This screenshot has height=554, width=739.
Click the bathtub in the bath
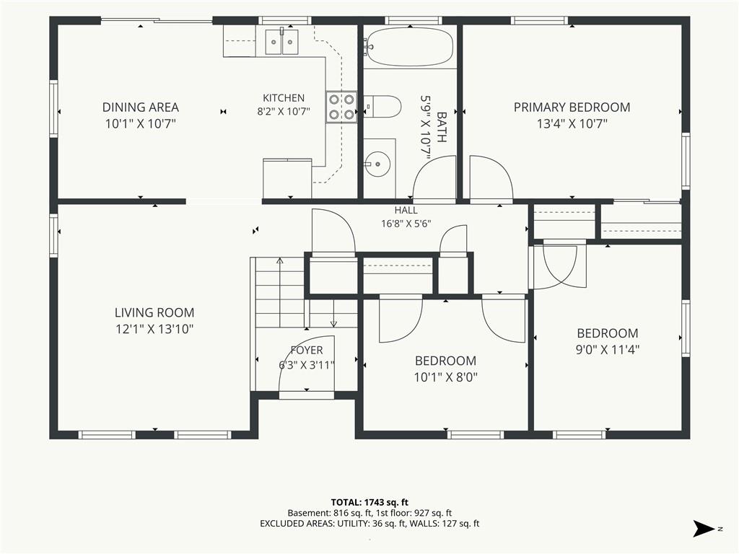[409, 47]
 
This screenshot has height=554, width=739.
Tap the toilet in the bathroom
[382, 106]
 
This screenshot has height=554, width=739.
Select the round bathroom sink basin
[378, 164]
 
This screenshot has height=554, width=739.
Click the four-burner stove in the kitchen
[341, 107]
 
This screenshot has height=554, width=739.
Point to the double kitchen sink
[282, 42]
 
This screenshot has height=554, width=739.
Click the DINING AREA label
[141, 107]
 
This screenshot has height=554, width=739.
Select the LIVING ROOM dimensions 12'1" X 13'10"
[154, 329]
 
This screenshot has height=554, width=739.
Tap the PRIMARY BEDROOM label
[572, 107]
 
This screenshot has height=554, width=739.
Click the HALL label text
[406, 211]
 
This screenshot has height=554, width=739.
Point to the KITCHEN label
[284, 98]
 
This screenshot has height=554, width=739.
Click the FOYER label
[307, 350]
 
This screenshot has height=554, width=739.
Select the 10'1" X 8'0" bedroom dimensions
[445, 377]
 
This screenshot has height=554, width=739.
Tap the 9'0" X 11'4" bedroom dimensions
[608, 350]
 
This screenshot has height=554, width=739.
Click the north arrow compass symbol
[704, 529]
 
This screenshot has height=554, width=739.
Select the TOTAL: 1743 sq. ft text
[369, 503]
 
